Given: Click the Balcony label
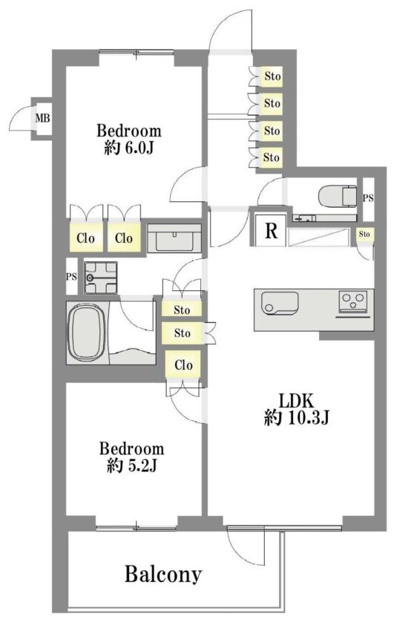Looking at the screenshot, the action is click(163, 575).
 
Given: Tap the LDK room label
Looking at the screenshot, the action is click(296, 400).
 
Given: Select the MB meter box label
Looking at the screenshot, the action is click(42, 118).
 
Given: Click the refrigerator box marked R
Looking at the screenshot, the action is click(271, 230).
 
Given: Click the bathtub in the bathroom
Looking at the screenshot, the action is click(88, 332).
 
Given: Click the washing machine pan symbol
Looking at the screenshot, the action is click(100, 278).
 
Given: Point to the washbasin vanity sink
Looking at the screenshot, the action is click(174, 238).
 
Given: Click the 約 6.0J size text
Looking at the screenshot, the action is click(128, 148).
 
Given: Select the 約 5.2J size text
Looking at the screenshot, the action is click(131, 465).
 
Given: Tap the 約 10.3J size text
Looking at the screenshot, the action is click(296, 418).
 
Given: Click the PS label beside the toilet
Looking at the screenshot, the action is click(368, 197).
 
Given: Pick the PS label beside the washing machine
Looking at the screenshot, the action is click(71, 277).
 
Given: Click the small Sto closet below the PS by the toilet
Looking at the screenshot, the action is click(364, 234).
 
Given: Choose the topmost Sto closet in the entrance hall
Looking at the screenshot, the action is click(272, 76).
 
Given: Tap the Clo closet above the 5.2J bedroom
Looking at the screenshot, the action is click(183, 364).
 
